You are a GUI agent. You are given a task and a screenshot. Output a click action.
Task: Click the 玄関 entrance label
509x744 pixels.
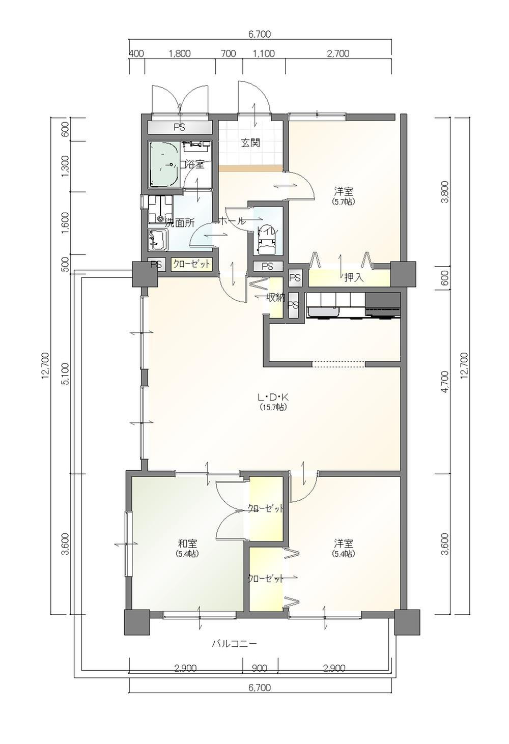(x=250, y=144)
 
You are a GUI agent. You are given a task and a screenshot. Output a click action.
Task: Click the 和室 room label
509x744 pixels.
(x=188, y=544)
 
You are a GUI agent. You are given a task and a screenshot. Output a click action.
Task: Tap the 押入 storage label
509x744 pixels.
(x=354, y=278)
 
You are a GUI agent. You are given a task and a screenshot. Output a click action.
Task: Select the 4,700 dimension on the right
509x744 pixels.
(x=445, y=382)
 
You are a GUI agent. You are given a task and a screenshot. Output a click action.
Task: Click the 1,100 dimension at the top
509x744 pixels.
(x=264, y=54)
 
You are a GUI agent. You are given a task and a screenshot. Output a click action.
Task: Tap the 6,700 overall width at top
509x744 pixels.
(x=260, y=34)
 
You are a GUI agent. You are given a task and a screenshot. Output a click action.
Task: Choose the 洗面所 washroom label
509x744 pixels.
(x=179, y=223)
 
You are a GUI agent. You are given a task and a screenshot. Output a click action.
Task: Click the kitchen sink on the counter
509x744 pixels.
(x=324, y=312)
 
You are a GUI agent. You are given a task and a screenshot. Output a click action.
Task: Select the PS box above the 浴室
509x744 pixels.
(x=180, y=127)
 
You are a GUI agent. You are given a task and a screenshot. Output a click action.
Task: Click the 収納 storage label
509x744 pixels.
(x=276, y=298)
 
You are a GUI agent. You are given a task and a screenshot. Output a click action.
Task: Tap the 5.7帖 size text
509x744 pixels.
(x=344, y=202)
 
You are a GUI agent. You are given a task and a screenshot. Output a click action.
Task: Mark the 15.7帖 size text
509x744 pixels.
(x=274, y=407)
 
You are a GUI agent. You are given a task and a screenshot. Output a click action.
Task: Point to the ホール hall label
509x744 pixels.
(x=232, y=220)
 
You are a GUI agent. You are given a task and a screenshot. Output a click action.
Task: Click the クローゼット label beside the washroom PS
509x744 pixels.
(x=191, y=264)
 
